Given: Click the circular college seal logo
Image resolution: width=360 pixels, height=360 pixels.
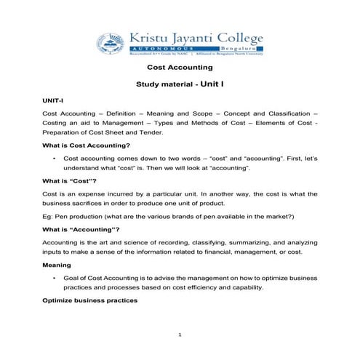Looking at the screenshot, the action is click(111, 43).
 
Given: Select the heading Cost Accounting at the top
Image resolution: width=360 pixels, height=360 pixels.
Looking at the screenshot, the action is click(180, 68).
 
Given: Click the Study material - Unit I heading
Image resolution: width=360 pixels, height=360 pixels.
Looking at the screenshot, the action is click(180, 84).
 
